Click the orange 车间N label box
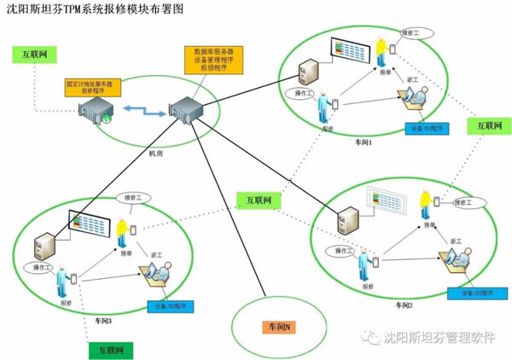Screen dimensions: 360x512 280,327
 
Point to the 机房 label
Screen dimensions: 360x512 155,154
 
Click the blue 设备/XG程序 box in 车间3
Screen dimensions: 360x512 171,305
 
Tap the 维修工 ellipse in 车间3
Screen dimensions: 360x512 128,196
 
